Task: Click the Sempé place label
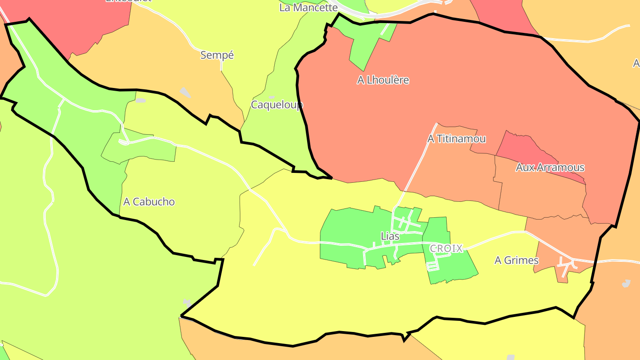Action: coord(217,55)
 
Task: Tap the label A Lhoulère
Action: coord(383,80)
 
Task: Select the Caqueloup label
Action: coord(277,105)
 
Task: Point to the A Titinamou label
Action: coord(456,139)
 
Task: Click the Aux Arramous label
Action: coord(550,168)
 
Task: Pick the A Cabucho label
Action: coord(149,202)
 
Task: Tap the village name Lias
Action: coord(390,236)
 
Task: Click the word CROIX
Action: coord(446,248)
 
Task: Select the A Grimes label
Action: coord(516,260)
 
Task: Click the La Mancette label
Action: coord(308,8)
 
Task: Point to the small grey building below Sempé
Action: coord(185,92)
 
